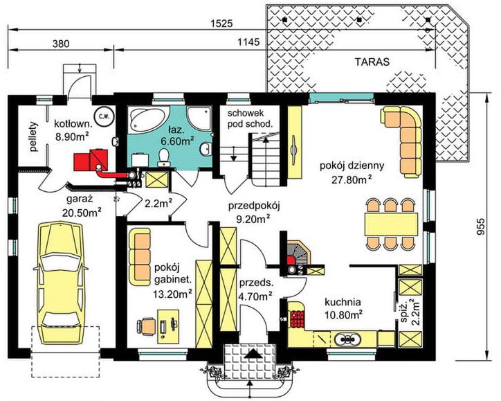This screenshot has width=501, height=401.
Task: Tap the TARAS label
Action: (x=372, y=62)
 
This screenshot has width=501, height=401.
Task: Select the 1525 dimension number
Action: (x=221, y=24)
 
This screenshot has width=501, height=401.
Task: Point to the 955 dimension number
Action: (x=480, y=226)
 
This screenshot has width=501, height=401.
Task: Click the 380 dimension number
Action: (x=61, y=44)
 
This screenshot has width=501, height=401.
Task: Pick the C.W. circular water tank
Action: (x=102, y=116)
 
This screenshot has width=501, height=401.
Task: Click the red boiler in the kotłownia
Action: (x=91, y=159)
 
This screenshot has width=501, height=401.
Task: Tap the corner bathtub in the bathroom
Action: (x=149, y=120)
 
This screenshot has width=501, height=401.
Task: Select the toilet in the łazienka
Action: (x=163, y=157)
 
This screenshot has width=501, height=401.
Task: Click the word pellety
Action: (x=34, y=136)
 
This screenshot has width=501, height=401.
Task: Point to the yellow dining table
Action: (x=392, y=224)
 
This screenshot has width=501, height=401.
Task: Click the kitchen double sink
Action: (x=347, y=339)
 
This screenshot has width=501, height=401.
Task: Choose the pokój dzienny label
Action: (x=352, y=166)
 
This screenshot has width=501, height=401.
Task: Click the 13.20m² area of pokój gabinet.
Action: (x=172, y=293)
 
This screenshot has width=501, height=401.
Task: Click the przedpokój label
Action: (x=254, y=206)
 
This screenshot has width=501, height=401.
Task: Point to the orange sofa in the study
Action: (x=139, y=257)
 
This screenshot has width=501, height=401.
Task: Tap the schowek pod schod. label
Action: (x=250, y=118)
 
